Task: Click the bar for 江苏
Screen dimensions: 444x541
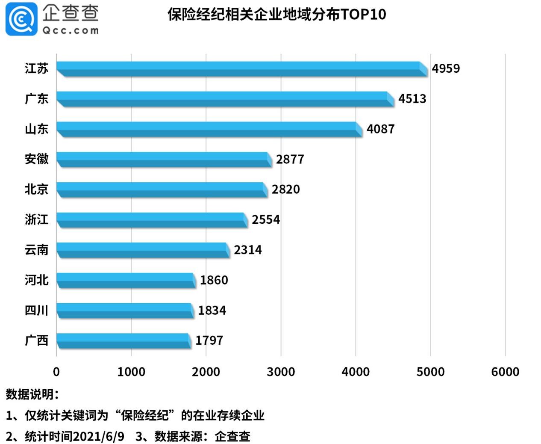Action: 241,69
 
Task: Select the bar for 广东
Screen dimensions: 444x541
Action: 225,99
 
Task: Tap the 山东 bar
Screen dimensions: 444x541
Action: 209,129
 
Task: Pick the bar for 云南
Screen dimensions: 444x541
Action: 143,250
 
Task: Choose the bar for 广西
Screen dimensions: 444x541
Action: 123,340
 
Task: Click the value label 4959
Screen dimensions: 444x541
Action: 446,68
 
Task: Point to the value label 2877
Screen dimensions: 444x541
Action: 290,159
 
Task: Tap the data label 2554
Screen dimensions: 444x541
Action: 265,219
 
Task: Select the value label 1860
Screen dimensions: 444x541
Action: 214,280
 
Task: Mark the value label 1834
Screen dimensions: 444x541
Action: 212,310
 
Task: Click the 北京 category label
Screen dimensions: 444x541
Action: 36,189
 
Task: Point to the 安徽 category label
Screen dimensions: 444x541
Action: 36,159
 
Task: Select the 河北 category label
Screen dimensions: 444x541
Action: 36,280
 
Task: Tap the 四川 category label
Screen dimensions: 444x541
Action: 36,310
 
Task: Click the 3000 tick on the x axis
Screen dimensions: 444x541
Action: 281,372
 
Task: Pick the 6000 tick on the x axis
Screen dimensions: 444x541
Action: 505,372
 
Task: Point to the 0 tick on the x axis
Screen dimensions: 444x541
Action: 56,372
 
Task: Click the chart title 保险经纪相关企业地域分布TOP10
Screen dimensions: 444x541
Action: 276,15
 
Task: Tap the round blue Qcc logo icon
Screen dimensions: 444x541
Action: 21,19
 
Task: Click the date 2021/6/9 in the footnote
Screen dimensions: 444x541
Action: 98,436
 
